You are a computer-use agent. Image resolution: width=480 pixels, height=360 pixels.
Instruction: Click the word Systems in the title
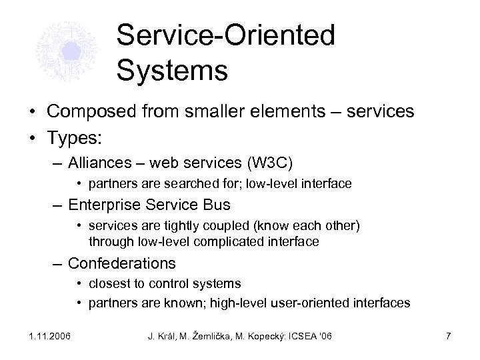[172, 70]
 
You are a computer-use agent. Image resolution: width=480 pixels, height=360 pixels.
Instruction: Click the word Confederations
[122, 263]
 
